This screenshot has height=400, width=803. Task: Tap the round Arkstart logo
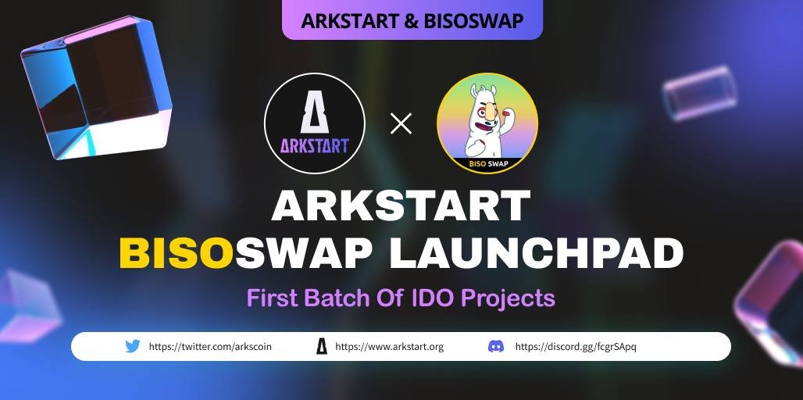coord(314,123)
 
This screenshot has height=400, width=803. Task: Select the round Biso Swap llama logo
coord(487,123)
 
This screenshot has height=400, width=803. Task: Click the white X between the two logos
coord(401,123)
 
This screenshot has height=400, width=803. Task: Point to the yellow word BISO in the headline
coord(177,253)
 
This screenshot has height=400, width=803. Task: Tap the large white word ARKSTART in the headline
coord(401,206)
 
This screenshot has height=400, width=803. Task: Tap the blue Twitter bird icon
coord(133,346)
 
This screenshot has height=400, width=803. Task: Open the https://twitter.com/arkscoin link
coord(210,346)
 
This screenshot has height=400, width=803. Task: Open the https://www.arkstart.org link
coord(389,346)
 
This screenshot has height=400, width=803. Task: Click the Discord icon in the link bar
coord(496,346)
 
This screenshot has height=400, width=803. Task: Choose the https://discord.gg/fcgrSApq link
coord(576,346)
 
